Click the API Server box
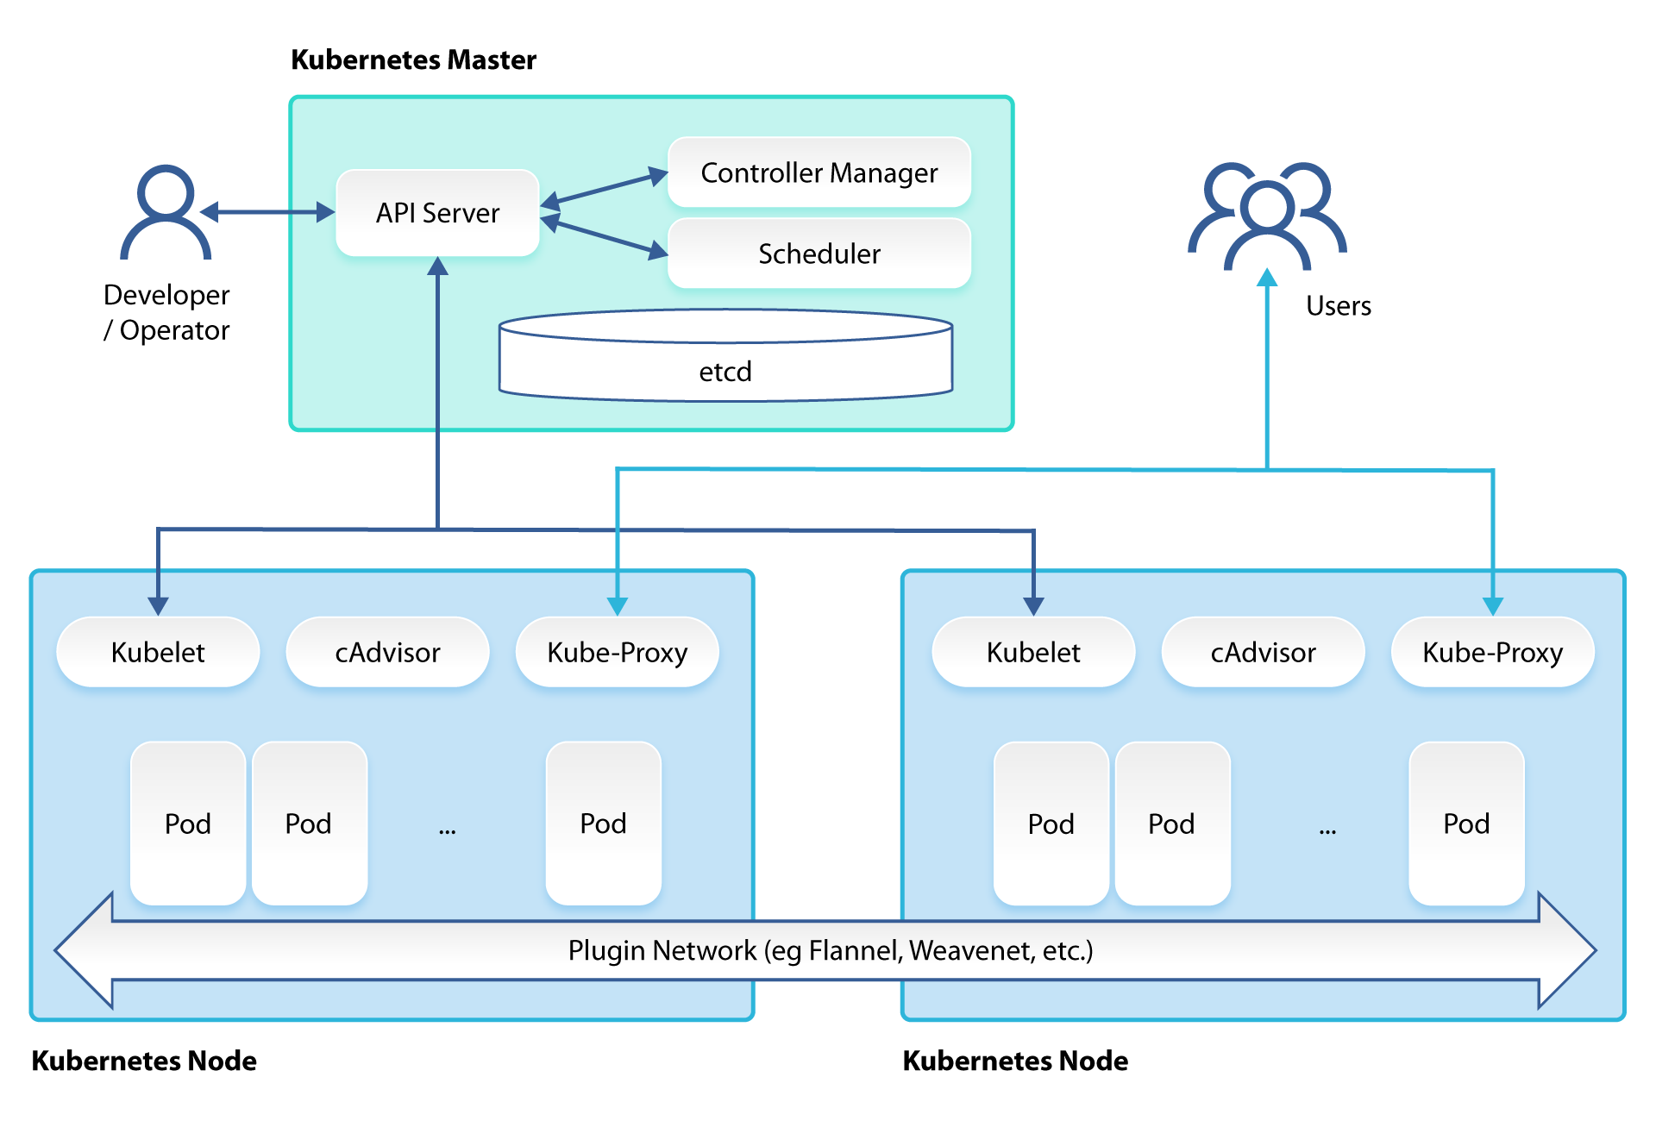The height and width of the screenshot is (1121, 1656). pos(437,213)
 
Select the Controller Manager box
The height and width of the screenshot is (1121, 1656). pos(819,172)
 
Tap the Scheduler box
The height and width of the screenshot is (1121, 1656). pos(819,254)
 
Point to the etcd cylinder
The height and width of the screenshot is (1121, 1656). pos(725,362)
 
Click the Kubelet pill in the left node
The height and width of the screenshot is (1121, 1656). pos(158,652)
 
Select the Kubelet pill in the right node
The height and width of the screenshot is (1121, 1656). pos(1033,652)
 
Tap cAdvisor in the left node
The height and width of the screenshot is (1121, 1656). pos(387,652)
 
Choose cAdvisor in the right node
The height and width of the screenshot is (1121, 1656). pos(1263,652)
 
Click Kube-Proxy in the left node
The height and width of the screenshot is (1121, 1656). pos(617,652)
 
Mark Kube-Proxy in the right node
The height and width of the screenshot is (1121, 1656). pos(1492,652)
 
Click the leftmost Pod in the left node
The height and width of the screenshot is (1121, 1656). pos(188,824)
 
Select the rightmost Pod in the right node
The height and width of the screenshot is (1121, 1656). pos(1466,824)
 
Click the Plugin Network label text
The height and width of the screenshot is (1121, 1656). pos(830,950)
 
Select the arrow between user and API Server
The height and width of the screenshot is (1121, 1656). pos(267,212)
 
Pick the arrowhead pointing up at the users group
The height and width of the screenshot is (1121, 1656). pos(1267,278)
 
